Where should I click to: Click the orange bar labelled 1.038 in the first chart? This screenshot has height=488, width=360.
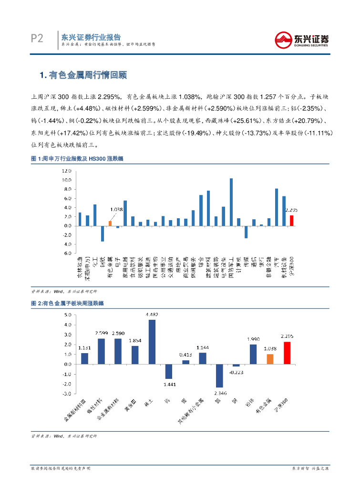point(110,223)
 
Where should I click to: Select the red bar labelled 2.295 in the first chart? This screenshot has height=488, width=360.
point(291,220)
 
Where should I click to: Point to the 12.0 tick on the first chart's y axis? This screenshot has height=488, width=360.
point(66,171)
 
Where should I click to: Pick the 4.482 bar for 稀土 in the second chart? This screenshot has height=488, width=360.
point(152,342)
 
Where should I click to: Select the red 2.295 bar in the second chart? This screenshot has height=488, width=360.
point(287,353)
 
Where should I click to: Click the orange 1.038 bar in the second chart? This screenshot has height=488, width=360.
point(270,359)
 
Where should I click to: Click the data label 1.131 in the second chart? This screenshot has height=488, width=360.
point(84,347)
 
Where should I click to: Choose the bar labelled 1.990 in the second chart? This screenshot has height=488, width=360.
point(253,354)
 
